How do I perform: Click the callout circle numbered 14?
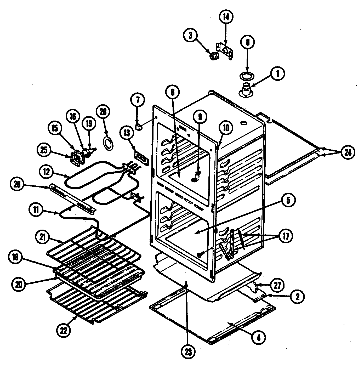click(225, 17)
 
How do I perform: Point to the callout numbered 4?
click(259, 338)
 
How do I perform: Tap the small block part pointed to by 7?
click(138, 127)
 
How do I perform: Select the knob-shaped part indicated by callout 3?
click(214, 56)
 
